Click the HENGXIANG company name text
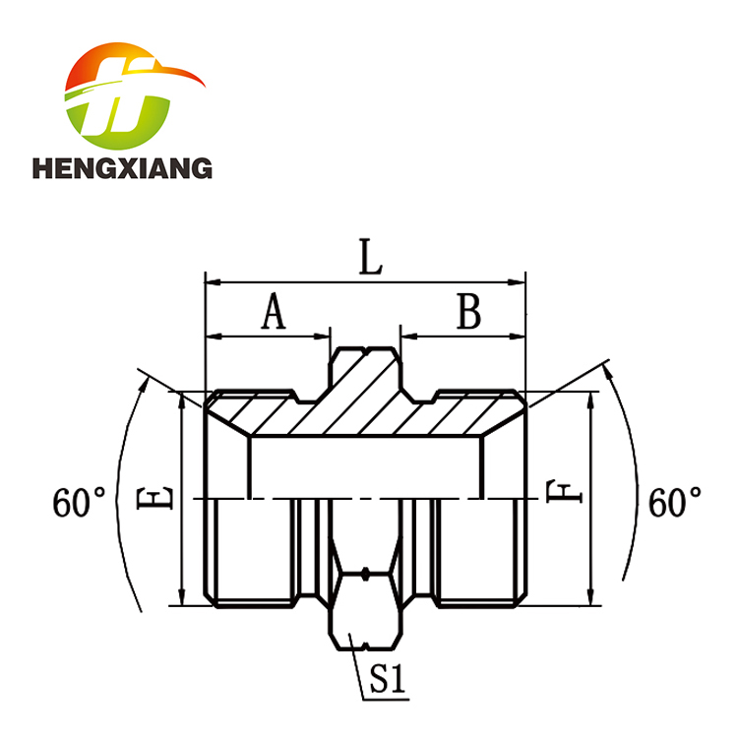122,168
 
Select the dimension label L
370,257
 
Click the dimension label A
274,311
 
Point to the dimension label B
468,311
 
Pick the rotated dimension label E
154,499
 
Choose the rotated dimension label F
565,492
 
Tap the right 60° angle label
675,503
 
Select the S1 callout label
388,679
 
